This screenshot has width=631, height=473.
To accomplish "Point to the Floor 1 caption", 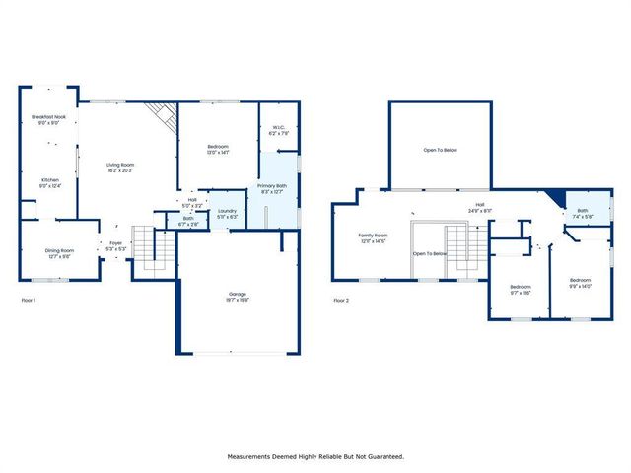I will pos(29,299).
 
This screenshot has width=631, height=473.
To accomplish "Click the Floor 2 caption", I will pos(341,299).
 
